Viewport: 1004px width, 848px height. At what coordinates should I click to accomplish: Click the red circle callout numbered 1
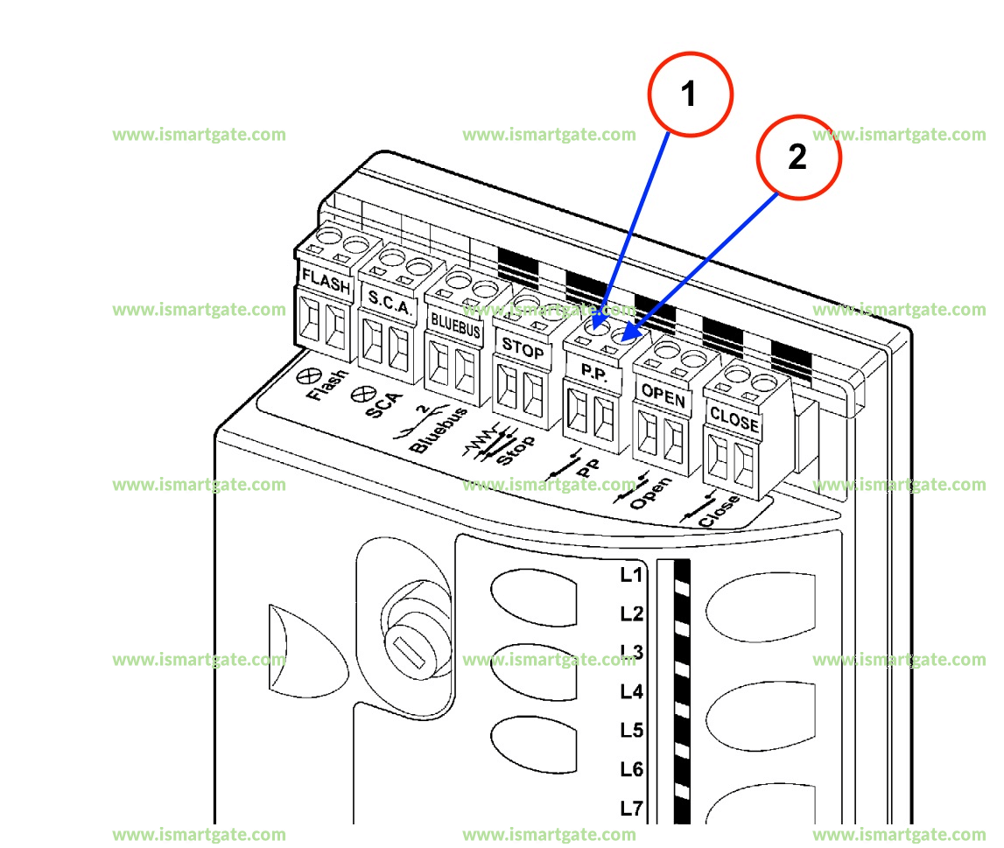tap(689, 94)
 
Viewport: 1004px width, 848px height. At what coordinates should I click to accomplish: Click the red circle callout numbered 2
tap(797, 158)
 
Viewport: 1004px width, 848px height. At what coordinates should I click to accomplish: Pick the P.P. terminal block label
tap(593, 371)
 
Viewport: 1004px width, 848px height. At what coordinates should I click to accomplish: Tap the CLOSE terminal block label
tap(734, 418)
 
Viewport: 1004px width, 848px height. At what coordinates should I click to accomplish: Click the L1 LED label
tap(631, 575)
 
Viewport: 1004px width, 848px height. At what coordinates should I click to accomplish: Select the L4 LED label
tap(631, 692)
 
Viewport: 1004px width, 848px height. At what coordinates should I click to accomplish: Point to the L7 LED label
tap(631, 809)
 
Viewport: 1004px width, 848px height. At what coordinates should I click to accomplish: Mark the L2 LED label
tap(631, 613)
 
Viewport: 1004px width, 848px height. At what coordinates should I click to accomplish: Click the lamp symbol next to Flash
tap(306, 376)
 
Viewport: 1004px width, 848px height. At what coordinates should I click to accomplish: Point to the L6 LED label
tap(631, 770)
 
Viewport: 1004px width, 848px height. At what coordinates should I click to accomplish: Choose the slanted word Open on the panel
tap(650, 493)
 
